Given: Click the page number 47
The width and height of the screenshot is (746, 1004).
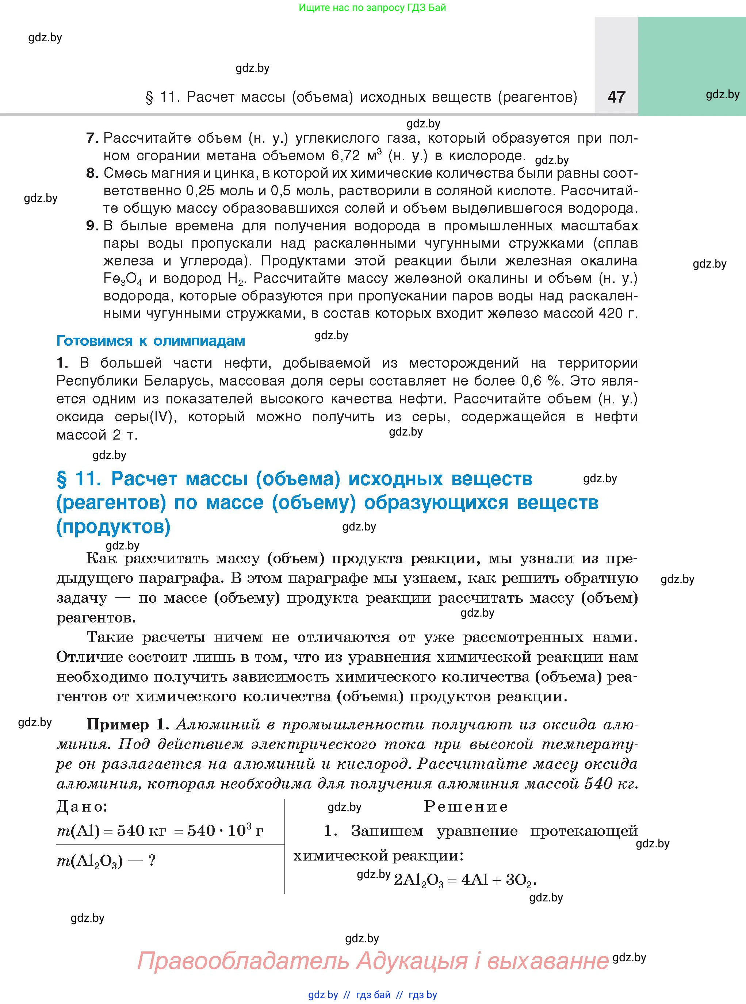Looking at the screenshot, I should [616, 97].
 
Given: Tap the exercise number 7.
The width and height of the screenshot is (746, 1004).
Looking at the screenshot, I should [92, 138].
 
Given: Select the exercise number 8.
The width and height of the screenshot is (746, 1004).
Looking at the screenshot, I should [92, 173].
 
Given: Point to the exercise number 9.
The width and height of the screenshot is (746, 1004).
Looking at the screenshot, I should [92, 226].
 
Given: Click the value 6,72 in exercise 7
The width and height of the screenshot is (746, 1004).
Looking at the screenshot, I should [347, 156].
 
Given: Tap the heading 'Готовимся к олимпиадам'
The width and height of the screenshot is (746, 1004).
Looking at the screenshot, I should [150, 341].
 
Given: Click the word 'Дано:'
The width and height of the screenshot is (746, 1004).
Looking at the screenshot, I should [82, 807].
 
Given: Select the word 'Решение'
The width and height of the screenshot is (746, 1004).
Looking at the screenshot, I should [466, 807].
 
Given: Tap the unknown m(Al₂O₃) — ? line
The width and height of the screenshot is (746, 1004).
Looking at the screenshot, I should [106, 861].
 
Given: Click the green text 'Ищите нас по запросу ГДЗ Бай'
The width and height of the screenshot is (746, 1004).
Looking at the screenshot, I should [372, 8].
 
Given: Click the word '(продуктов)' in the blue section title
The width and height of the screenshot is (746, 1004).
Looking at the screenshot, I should [113, 527].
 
